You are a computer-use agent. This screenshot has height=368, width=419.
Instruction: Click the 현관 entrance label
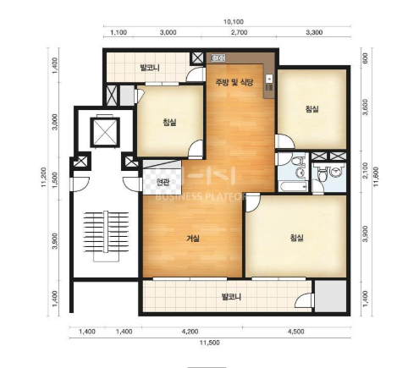click(163, 183)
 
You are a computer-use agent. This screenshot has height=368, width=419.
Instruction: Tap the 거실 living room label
click(193, 239)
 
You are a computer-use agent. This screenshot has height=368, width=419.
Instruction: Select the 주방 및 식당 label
click(234, 82)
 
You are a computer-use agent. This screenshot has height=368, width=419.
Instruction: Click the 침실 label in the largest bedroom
click(297, 238)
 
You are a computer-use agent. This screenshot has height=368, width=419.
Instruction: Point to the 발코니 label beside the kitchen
click(150, 68)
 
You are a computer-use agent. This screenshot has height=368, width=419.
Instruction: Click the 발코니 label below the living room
click(231, 297)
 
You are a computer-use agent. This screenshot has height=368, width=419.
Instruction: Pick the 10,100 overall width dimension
click(234, 22)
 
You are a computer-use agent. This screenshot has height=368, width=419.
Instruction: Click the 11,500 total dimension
click(209, 343)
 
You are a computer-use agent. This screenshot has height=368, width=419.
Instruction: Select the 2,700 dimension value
click(240, 32)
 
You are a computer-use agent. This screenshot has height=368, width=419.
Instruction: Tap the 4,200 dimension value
click(190, 332)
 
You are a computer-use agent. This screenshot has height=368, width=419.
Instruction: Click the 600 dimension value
click(365, 58)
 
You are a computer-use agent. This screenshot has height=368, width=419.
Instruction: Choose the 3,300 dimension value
click(314, 32)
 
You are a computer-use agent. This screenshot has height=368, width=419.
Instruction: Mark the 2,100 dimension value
click(365, 171)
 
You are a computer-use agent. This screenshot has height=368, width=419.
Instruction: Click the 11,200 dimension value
click(43, 177)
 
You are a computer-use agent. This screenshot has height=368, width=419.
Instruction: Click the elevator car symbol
click(105, 132)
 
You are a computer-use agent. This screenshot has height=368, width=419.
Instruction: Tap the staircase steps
click(106, 236)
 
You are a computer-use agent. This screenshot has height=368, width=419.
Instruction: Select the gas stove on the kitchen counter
click(218, 58)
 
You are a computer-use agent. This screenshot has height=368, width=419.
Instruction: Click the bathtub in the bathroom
click(293, 186)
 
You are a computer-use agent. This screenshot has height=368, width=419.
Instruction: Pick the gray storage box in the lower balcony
click(330, 296)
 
